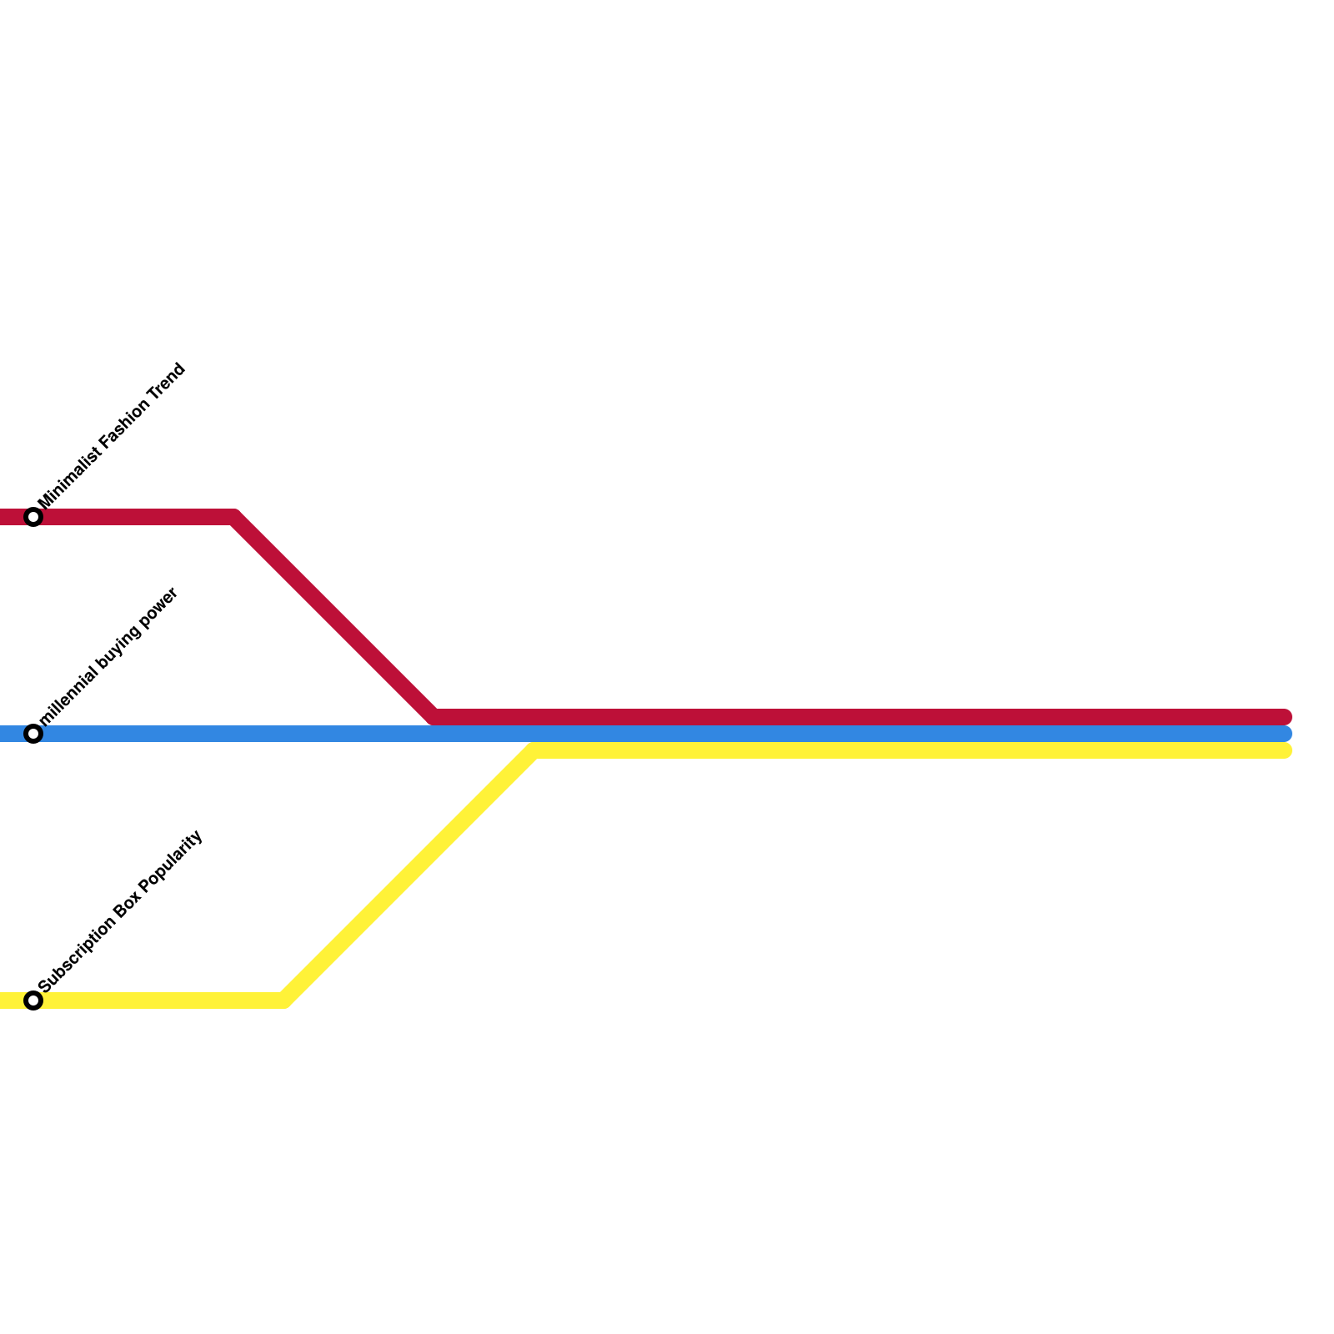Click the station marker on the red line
[x=33, y=517]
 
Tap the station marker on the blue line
[x=33, y=734]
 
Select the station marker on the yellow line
[x=33, y=1000]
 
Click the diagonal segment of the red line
[x=333, y=617]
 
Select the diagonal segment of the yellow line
[x=409, y=875]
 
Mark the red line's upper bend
[x=234, y=517]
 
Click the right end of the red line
[x=1284, y=717]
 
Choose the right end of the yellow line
[x=1284, y=750]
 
